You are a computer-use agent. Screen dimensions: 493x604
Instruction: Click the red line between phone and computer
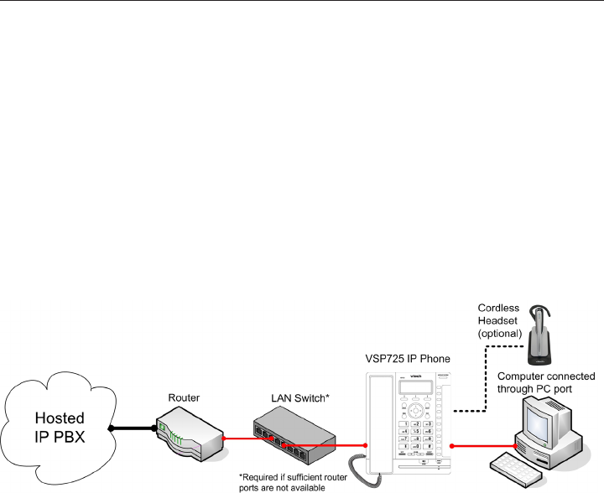coord(482,444)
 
